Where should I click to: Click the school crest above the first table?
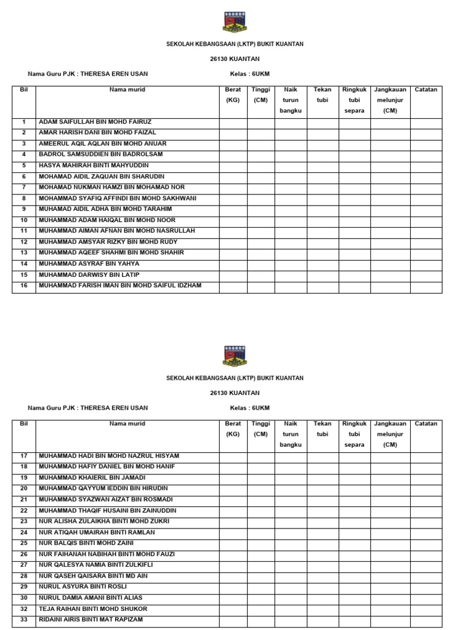235,22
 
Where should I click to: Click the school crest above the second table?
235,356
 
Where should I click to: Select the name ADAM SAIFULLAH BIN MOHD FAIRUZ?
95,122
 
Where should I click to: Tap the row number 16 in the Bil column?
24,285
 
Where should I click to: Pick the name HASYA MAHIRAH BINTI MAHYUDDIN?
94,165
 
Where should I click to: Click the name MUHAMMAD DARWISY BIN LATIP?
89,274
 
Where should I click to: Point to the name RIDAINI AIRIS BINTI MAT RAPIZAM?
91,620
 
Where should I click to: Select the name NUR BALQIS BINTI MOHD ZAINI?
86,543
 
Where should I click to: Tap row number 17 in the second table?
24,456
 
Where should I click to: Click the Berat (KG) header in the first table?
233,95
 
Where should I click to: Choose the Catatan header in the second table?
426,424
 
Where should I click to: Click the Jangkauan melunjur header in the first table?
390,100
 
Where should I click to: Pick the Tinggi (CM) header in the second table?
261,429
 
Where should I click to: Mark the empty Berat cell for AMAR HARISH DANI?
233,133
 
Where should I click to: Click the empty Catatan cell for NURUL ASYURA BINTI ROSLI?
426,587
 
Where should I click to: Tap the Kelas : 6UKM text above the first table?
250,74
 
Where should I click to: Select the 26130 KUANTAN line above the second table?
235,393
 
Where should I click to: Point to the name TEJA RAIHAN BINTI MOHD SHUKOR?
94,608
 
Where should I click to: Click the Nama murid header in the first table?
127,90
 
